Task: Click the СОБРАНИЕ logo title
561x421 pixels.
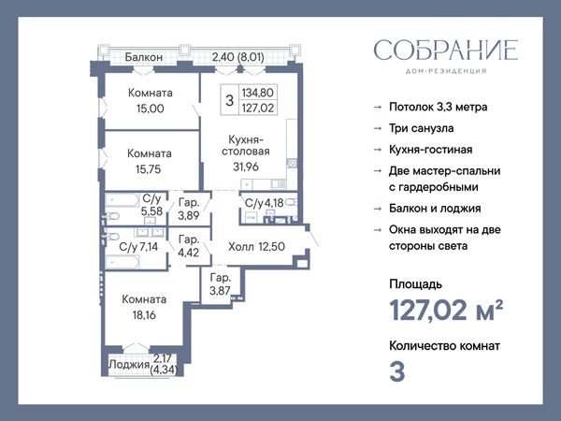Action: pyautogui.click(x=446, y=51)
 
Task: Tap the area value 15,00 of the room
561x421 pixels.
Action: pyautogui.click(x=151, y=109)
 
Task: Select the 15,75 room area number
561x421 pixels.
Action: pyautogui.click(x=149, y=169)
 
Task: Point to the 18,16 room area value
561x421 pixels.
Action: pyautogui.click(x=144, y=315)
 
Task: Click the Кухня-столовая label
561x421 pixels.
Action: pyautogui.click(x=245, y=145)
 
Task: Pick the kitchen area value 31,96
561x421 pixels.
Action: pyautogui.click(x=246, y=167)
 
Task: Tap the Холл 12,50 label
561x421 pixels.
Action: pyautogui.click(x=256, y=246)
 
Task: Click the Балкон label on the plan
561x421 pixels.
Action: pyautogui.click(x=144, y=57)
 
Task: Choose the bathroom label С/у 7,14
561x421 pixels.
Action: pyautogui.click(x=138, y=246)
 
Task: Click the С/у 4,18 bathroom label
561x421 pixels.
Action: pyautogui.click(x=264, y=203)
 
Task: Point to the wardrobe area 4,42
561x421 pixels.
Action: pyautogui.click(x=189, y=252)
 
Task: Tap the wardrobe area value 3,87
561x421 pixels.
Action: pyautogui.click(x=220, y=291)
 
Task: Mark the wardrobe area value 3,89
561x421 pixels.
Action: pyautogui.click(x=189, y=215)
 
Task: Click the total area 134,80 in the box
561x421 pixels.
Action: pyautogui.click(x=258, y=93)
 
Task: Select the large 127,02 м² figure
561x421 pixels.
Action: pyautogui.click(x=446, y=310)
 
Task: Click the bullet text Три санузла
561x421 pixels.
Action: pyautogui.click(x=422, y=128)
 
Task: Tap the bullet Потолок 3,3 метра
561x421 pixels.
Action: pyautogui.click(x=439, y=107)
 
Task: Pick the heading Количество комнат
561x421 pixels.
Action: pyautogui.click(x=445, y=346)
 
